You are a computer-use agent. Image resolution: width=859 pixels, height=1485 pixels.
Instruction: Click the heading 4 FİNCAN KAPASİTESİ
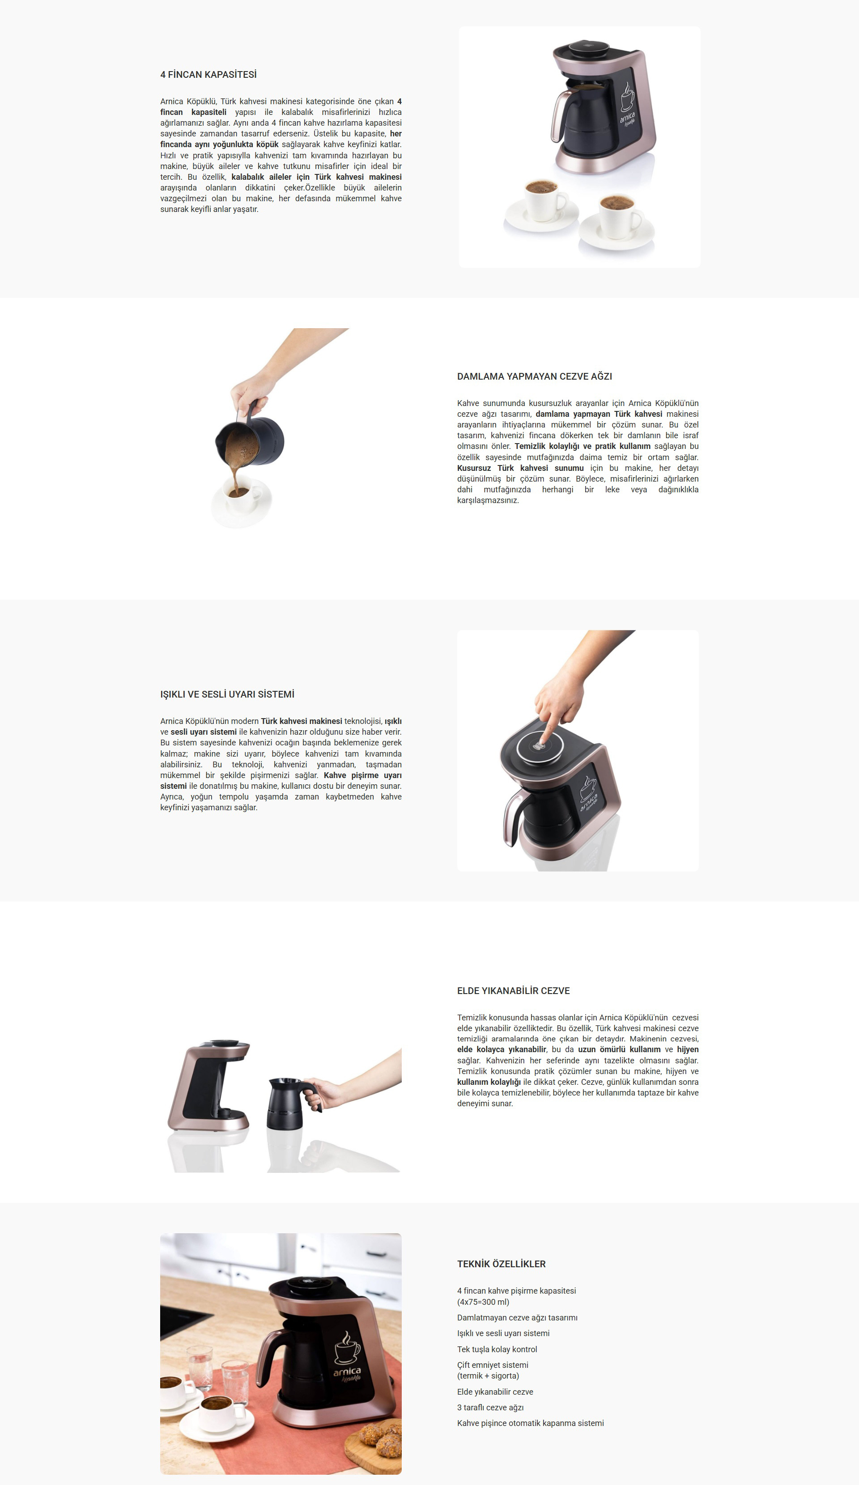(208, 75)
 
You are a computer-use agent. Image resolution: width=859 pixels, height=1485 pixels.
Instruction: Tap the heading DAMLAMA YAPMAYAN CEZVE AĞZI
(534, 377)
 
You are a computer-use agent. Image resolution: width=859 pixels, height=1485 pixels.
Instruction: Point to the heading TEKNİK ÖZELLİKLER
(501, 1264)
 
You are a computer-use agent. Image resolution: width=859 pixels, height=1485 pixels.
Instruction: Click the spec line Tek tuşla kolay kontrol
(497, 1350)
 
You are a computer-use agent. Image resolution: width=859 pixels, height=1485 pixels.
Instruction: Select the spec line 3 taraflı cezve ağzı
(490, 1408)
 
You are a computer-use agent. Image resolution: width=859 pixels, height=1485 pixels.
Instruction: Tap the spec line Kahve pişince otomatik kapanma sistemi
(530, 1423)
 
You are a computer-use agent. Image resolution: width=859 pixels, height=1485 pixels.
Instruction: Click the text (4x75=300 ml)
(483, 1302)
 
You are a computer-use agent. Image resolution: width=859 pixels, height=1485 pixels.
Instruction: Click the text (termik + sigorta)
(488, 1376)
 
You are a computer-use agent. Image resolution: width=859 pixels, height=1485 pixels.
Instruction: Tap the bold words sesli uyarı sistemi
(204, 732)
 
